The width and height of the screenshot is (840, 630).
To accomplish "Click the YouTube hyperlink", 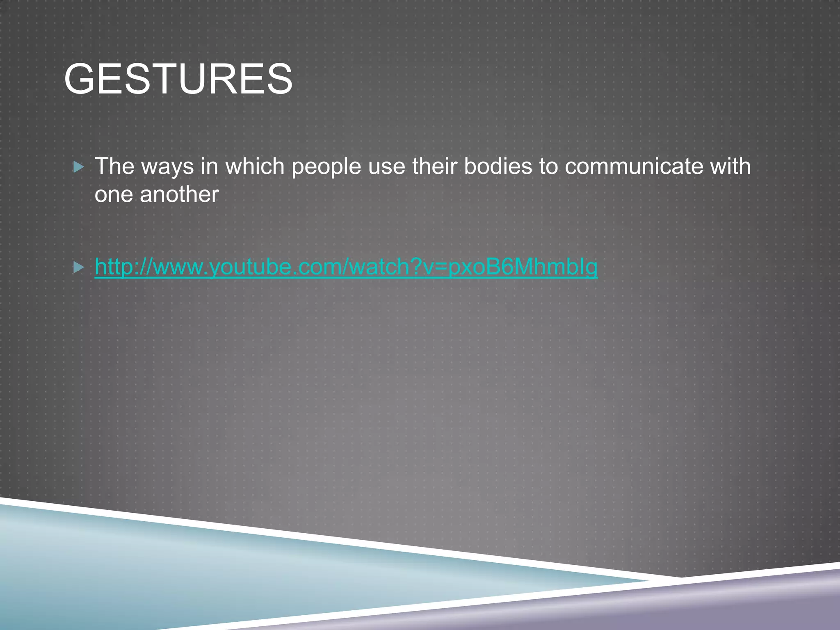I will pyautogui.click(x=346, y=267).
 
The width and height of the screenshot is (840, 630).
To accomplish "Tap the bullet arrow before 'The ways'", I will pyautogui.click(x=78, y=167).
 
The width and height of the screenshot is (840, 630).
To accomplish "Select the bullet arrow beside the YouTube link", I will pyautogui.click(x=78, y=268).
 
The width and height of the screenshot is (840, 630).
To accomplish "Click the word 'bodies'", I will pyautogui.click(x=498, y=167).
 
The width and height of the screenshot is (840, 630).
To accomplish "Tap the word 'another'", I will pyautogui.click(x=179, y=194).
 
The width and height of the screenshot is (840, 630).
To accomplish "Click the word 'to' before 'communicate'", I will pyautogui.click(x=548, y=167).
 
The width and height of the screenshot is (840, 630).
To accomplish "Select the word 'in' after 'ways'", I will pyautogui.click(x=209, y=167).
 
